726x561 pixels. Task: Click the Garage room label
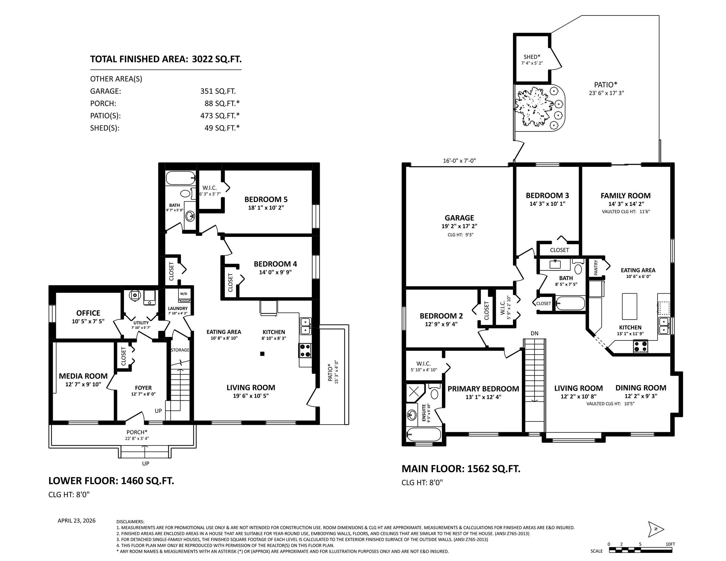[459, 218]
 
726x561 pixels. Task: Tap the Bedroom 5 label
[266, 199]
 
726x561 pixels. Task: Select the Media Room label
[83, 376]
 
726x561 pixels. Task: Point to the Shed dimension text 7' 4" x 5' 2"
[532, 63]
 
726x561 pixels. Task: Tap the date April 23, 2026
[77, 521]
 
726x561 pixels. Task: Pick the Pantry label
[596, 268]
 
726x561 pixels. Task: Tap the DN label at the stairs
[535, 333]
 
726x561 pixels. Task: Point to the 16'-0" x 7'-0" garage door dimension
[459, 161]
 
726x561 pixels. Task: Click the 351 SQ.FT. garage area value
[218, 91]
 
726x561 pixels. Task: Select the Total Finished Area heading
[166, 59]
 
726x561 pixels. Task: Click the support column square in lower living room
[262, 354]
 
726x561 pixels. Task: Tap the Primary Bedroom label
[483, 389]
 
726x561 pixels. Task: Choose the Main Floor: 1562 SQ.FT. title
[461, 469]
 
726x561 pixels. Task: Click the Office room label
[88, 313]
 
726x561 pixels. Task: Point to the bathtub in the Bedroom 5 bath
[181, 178]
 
